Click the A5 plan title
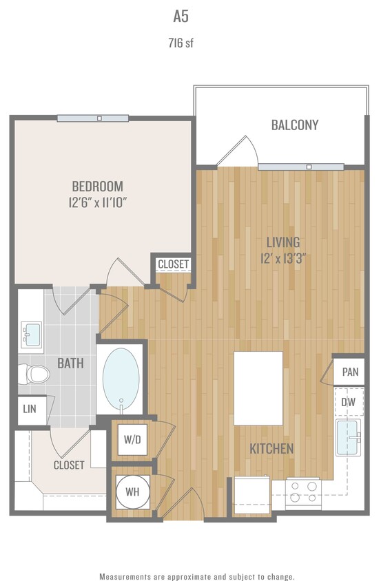[191, 17]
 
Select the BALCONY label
[294, 125]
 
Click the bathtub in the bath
[121, 379]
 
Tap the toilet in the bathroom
[34, 374]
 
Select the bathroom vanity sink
[32, 335]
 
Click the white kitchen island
[258, 388]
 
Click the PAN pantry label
[350, 372]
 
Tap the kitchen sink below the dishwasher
[348, 439]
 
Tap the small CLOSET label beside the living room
[173, 264]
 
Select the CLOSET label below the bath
[69, 465]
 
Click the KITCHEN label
[271, 449]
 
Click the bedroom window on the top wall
[92, 118]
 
